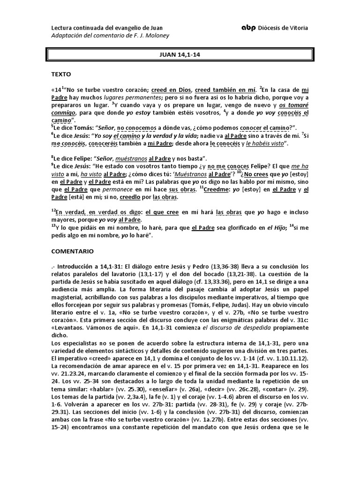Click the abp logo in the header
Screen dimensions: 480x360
click(248, 28)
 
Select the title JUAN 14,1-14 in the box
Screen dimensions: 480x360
click(180, 55)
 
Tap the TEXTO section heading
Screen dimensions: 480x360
click(62, 74)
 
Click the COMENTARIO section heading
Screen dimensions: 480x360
click(73, 251)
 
